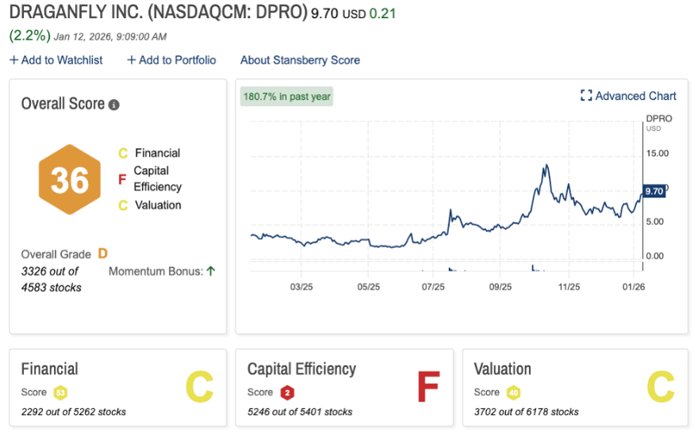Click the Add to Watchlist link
pos(56,60)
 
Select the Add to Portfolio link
pos(171,60)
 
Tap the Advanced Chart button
pos(628,96)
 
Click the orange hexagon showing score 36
pos(70,180)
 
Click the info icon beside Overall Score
pos(114,105)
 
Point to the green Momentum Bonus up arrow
pos(211,271)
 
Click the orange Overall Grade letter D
pos(102,254)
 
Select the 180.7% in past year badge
pos(287,97)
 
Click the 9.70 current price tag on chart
pos(654,191)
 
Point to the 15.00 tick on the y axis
pos(658,153)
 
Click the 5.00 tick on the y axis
pos(658,221)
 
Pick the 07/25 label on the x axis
pos(434,287)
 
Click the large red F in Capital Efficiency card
pos(428,388)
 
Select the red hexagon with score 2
pos(287,392)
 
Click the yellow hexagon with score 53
pos(60,392)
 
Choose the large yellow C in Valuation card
pos(659,388)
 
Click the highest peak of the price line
pos(546,166)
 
